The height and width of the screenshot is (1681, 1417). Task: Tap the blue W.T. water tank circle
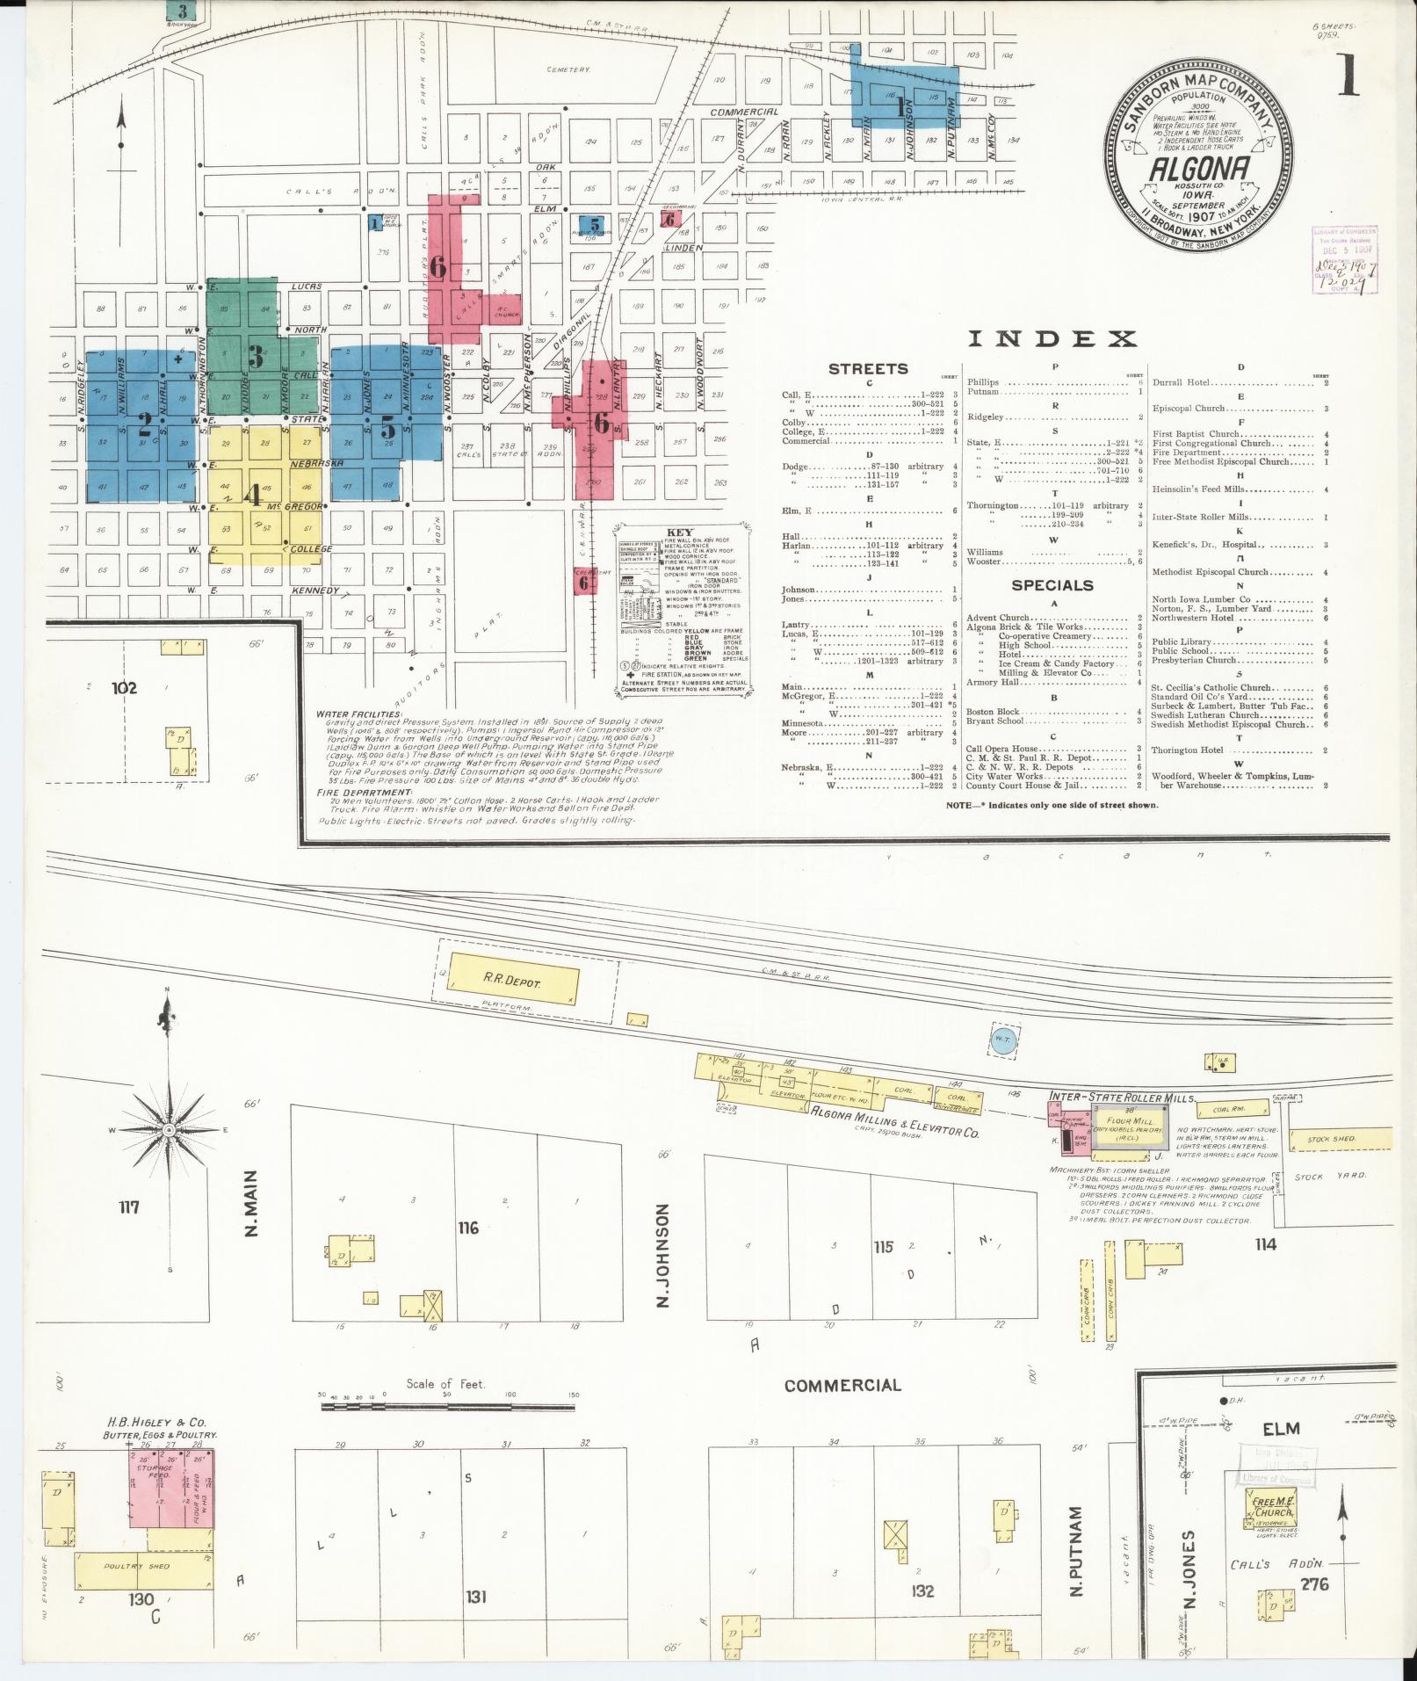[x=1002, y=1038]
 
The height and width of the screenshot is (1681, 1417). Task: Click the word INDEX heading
[x=1052, y=339]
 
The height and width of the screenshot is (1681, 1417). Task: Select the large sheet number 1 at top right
[x=1347, y=75]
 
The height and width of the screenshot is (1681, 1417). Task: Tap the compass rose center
[x=168, y=1129]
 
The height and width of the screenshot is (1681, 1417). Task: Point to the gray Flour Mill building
[x=1129, y=1127]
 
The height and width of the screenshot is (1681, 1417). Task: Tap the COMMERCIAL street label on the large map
[x=842, y=1386]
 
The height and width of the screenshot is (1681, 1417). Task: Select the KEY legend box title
[x=679, y=533]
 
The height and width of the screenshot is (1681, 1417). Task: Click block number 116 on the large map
[x=467, y=1228]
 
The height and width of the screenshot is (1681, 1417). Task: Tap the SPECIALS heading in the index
[x=1052, y=585]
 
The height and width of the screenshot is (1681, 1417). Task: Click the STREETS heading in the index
[x=868, y=369]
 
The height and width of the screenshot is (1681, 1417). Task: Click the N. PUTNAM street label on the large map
[x=1077, y=1552]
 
